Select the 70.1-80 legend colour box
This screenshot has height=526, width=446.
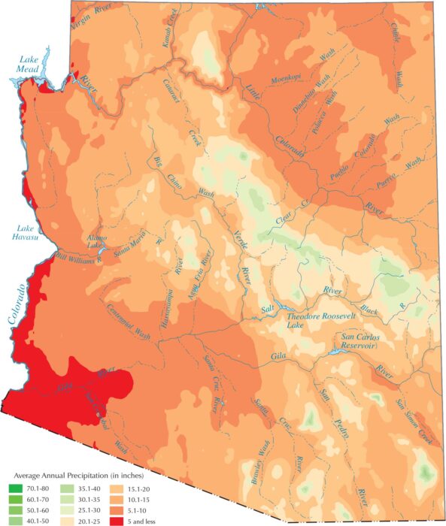(x=14, y=486)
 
